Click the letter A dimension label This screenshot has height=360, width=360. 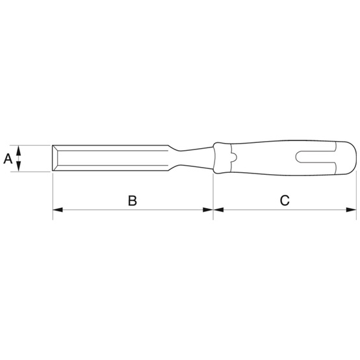point(8,158)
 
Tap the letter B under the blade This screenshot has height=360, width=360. point(132,201)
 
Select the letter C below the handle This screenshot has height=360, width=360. point(284,201)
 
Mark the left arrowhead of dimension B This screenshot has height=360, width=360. point(57,210)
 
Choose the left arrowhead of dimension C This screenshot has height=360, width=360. point(218,210)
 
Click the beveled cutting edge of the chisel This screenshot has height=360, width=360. point(57,158)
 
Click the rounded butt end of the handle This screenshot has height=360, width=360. point(353,158)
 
